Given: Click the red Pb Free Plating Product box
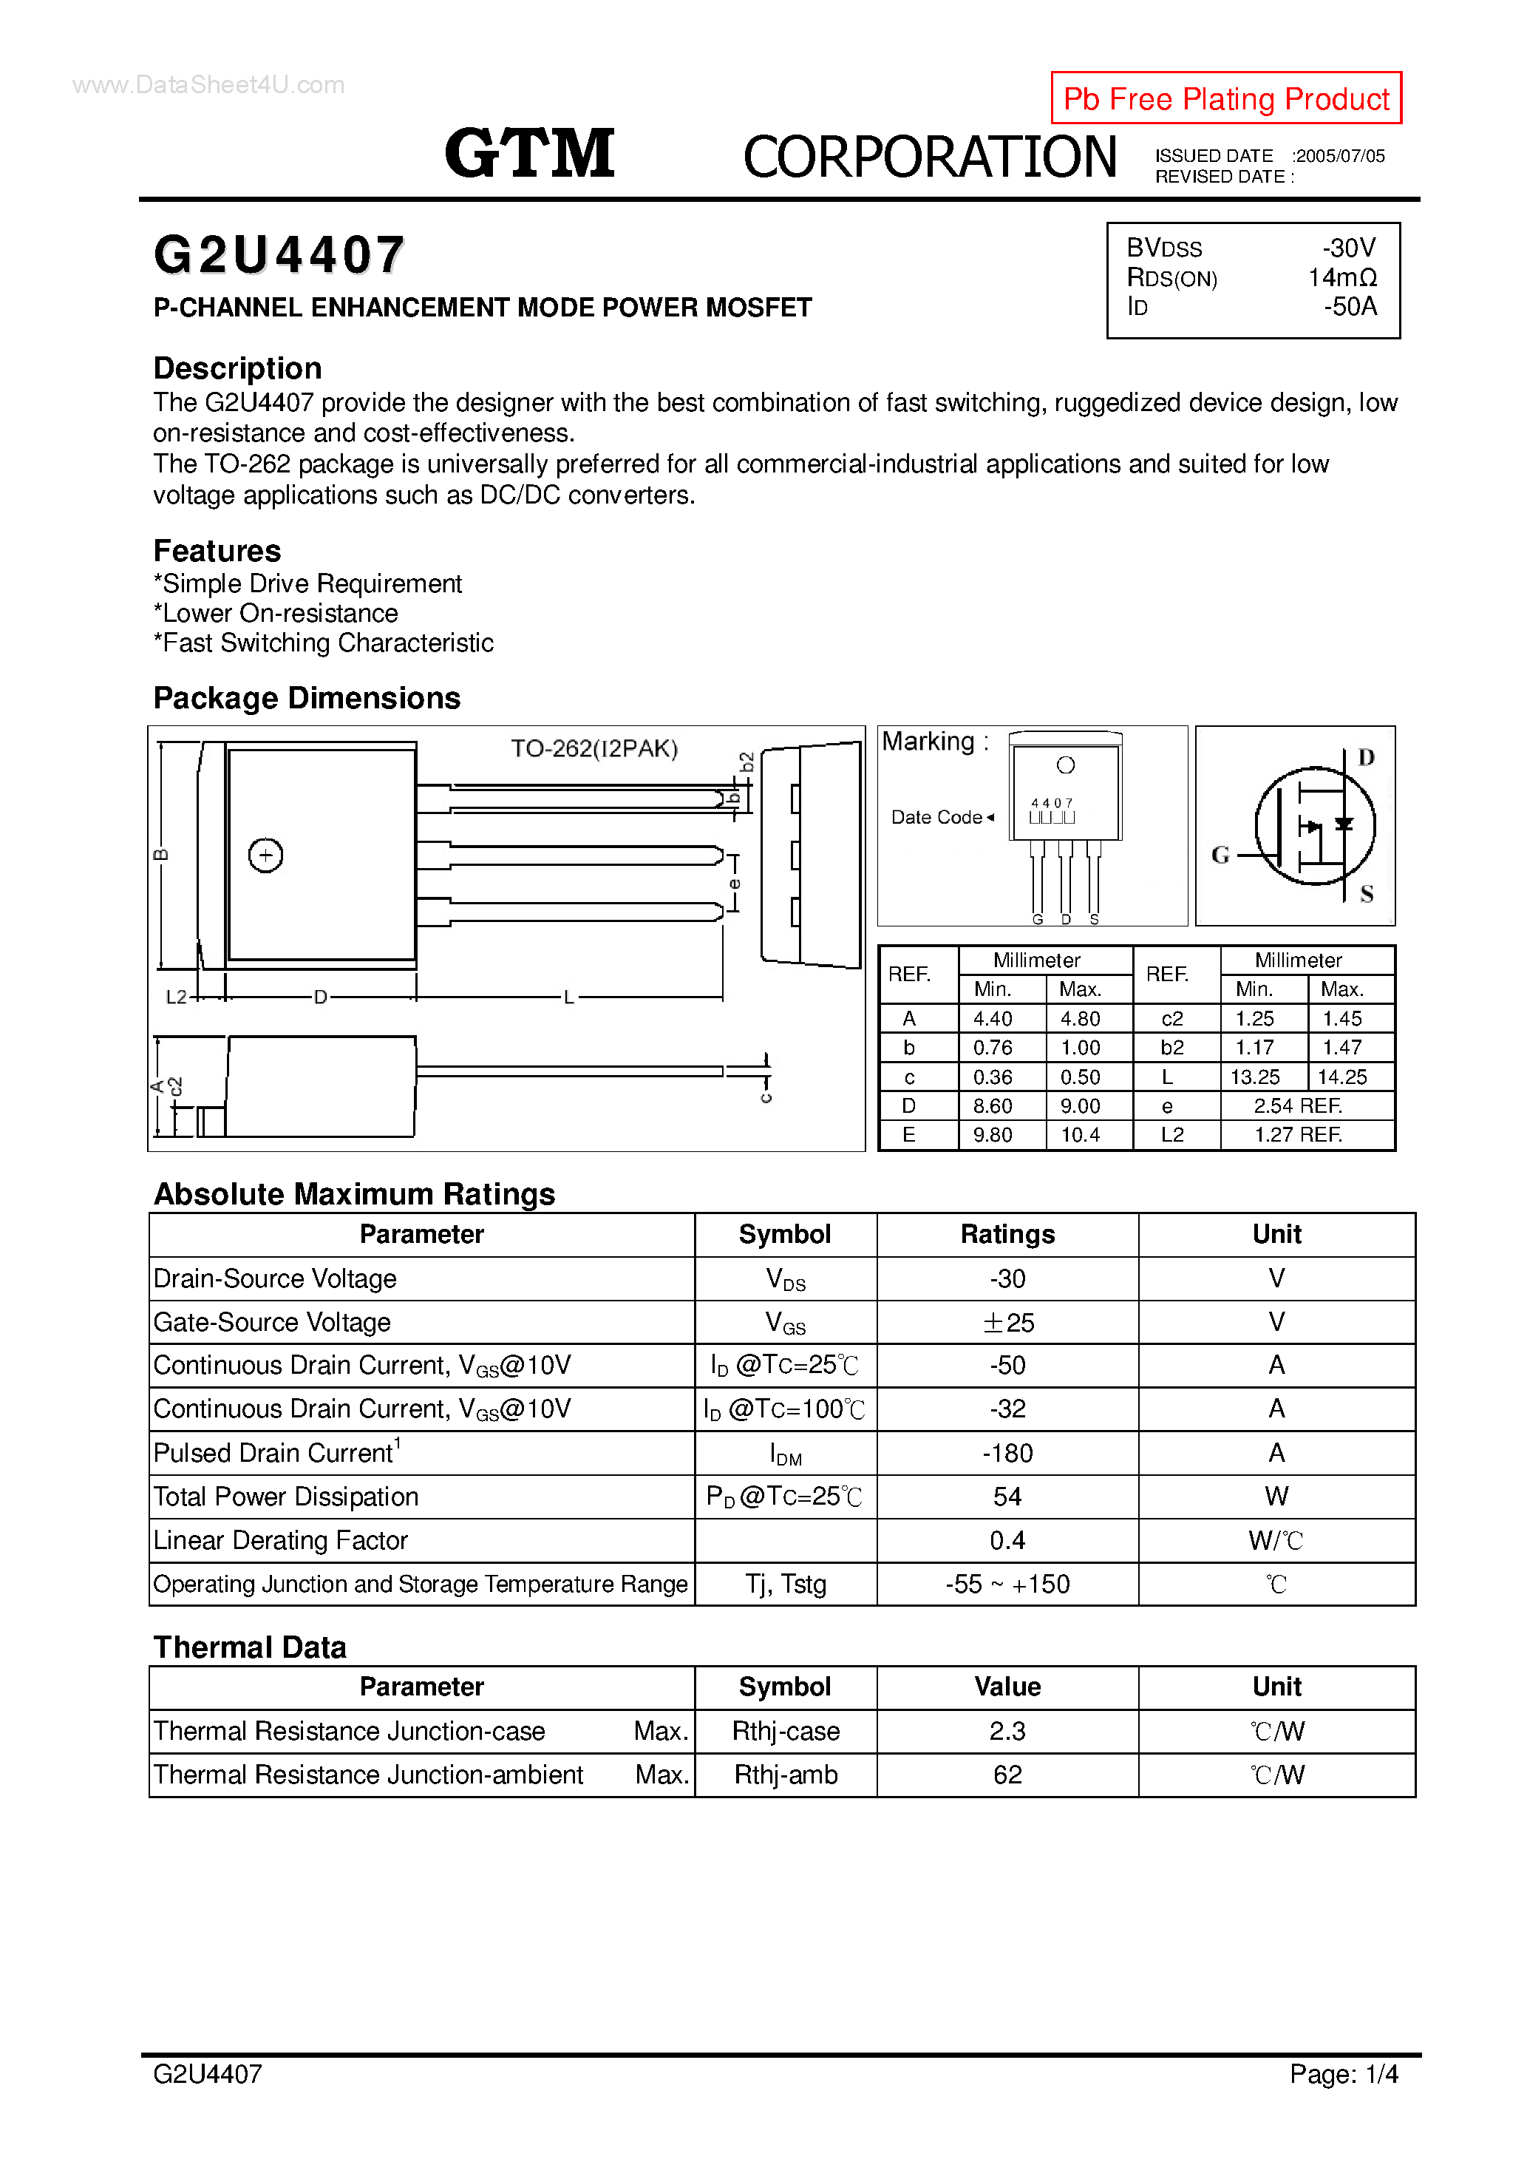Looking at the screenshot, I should (1225, 98).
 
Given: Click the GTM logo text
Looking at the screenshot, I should (529, 154).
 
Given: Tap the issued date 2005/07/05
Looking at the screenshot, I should (1338, 156).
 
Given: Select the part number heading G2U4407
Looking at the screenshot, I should (279, 255).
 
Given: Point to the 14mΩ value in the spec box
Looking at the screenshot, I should (1341, 278).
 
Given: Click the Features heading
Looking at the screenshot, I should (217, 551).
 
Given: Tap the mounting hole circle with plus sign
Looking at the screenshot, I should (265, 855).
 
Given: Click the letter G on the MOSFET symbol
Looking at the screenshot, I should (1220, 855).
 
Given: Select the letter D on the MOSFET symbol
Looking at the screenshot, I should (1366, 758).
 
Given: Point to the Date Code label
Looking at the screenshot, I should (936, 817).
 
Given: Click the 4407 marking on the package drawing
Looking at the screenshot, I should (1052, 803).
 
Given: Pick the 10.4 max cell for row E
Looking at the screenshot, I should (1080, 1136).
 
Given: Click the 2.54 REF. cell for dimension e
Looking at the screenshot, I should (1297, 1106).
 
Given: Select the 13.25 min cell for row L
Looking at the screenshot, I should (1254, 1077).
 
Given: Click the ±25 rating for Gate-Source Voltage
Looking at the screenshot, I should (1007, 1323).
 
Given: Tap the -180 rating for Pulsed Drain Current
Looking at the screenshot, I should (1007, 1454).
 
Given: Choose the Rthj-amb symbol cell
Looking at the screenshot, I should (785, 1775).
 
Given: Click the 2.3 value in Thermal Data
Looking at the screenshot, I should (1007, 1732).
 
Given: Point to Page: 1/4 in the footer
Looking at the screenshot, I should (1344, 2101).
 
